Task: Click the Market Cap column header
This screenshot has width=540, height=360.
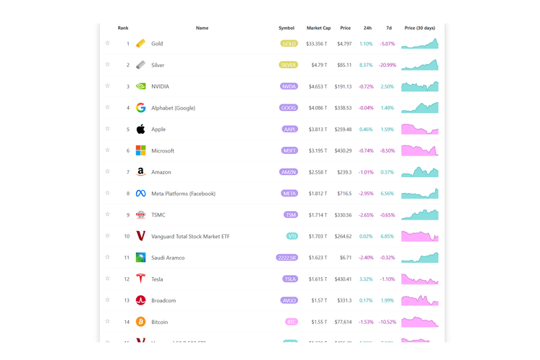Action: [x=318, y=28]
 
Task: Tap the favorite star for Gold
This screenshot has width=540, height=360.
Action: [x=108, y=43]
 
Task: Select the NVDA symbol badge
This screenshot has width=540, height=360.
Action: [x=289, y=86]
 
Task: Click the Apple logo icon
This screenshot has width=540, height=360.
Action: [x=140, y=129]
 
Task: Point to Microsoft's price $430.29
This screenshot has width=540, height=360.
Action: [x=343, y=150]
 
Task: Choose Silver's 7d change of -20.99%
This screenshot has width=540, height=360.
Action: [x=387, y=65]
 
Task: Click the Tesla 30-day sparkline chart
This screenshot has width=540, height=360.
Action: [x=420, y=279]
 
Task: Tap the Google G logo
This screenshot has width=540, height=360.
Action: [x=140, y=108]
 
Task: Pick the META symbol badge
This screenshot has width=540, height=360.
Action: [x=289, y=194]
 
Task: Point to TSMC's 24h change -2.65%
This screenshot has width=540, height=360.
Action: [x=366, y=215]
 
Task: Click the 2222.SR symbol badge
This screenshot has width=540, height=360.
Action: [x=287, y=258]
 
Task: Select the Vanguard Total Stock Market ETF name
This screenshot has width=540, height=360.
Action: [x=190, y=236]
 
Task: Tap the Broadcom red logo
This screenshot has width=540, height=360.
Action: [x=140, y=300]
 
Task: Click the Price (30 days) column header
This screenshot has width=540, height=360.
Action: [x=420, y=28]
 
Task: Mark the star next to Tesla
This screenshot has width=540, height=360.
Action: [x=108, y=279]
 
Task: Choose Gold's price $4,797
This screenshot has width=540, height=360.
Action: [x=343, y=43]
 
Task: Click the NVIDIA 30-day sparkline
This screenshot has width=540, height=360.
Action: [x=420, y=86]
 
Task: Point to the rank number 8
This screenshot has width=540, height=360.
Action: [x=128, y=194]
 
